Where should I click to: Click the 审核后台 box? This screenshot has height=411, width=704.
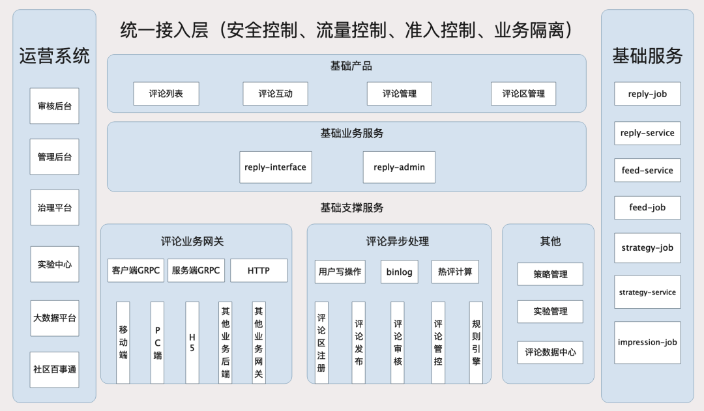pos(55,106)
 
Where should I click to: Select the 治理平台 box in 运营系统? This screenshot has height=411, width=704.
pos(55,208)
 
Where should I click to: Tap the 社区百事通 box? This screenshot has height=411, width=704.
pos(55,369)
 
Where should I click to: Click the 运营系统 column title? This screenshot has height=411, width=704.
pos(55,56)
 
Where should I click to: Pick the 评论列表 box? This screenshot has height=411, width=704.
pos(166,94)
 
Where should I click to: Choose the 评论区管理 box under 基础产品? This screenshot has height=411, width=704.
pos(523,94)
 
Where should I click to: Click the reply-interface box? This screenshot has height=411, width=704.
pos(275,167)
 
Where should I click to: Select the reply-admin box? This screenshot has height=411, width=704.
pos(399,167)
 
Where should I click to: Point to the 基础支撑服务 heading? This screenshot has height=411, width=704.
pos(351,208)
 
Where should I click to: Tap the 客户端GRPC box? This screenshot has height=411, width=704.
pos(136,270)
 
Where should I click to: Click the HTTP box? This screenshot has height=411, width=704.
pos(258,270)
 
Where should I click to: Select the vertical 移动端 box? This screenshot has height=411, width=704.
pos(123,343)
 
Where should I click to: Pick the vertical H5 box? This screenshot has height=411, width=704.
pos(192,343)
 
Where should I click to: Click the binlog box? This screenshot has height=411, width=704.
pos(399,272)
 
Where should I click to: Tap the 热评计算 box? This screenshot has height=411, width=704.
pos(454,272)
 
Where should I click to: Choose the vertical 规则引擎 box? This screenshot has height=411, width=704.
pos(476,343)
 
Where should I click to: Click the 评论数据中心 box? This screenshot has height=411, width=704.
pos(550,352)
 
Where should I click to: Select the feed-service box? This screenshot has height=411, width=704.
pos(647,171)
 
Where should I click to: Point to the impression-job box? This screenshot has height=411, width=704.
pos(647,343)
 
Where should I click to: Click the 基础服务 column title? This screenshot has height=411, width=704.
pos(647,56)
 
